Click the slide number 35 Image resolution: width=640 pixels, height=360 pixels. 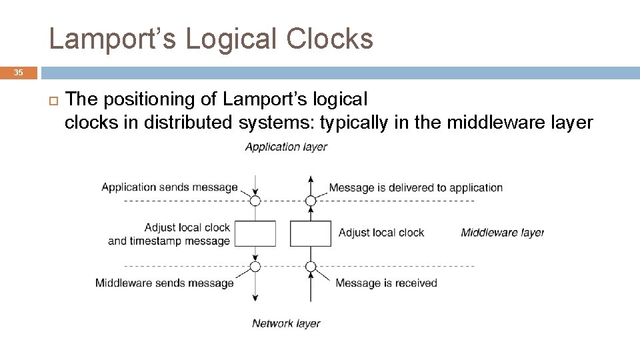click(18, 73)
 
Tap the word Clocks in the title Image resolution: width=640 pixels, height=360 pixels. click(329, 39)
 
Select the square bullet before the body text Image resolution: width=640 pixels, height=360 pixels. click(53, 100)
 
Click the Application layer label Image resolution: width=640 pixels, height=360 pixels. click(286, 147)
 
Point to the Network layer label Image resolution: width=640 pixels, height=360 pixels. click(286, 323)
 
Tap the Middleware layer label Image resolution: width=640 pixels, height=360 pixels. click(502, 233)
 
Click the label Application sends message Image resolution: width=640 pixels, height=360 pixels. click(169, 187)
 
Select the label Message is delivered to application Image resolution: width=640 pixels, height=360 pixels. click(415, 188)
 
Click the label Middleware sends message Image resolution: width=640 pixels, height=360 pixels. click(165, 283)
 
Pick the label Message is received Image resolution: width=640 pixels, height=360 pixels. click(386, 283)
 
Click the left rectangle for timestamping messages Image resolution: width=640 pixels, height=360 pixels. click(255, 233)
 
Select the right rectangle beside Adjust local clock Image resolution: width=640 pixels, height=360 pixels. click(311, 233)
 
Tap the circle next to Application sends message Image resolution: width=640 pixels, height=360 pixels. click(255, 200)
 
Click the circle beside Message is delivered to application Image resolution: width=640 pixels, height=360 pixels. click(311, 200)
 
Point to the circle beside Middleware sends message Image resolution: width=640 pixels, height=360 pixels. click(255, 267)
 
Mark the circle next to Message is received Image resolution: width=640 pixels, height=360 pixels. click(311, 267)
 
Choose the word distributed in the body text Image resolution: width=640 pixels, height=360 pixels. click(187, 123)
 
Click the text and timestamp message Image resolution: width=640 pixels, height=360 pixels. click(169, 241)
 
